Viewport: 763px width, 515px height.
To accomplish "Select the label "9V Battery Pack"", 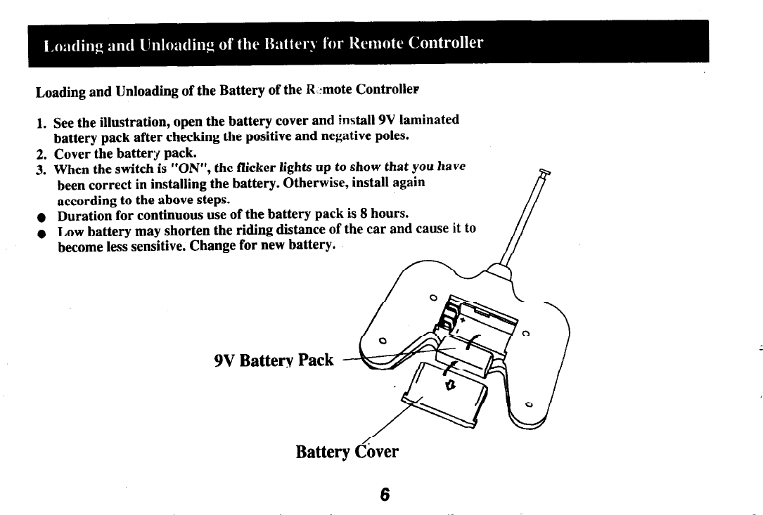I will (274, 360).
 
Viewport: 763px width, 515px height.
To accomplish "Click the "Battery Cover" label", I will (347, 450).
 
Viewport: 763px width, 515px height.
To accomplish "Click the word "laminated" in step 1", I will (423, 120).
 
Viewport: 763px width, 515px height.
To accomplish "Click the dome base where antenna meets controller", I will (499, 270).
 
